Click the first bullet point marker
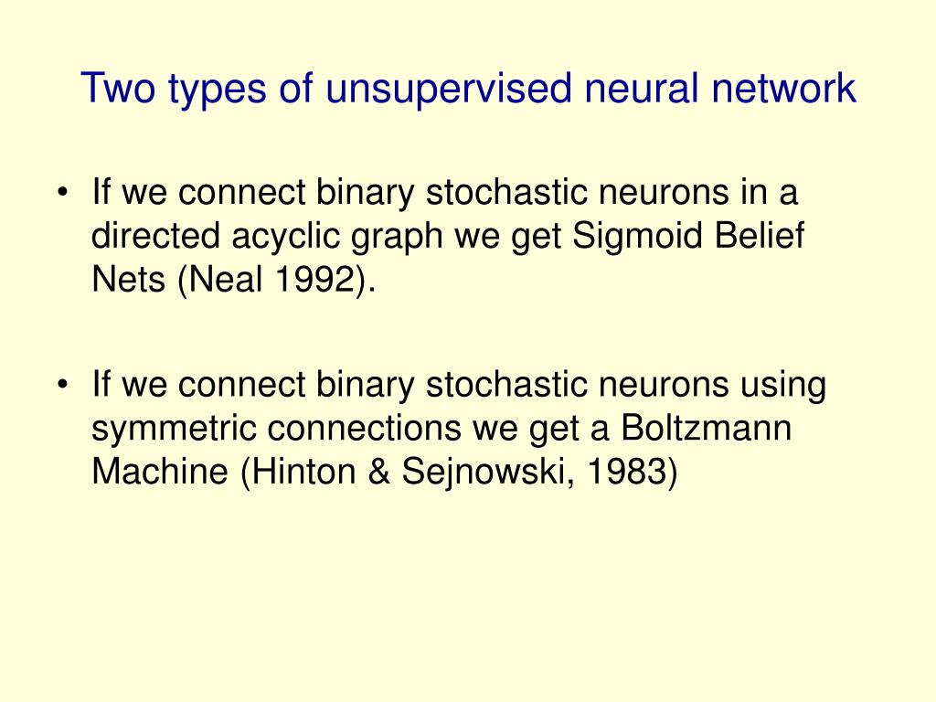62,194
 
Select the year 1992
314,280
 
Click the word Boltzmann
705,429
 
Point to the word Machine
161,472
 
